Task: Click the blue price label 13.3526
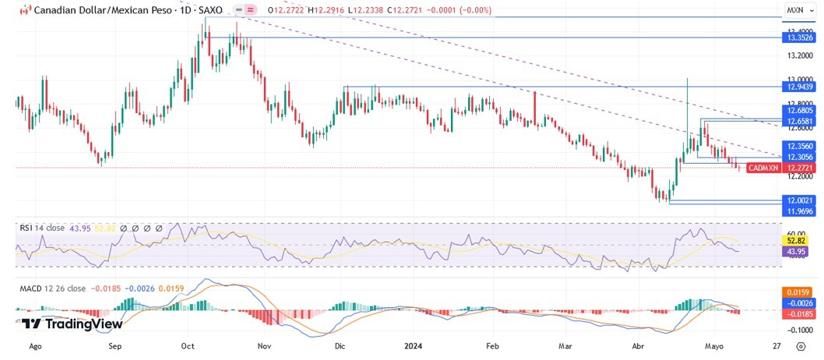[x=800, y=37]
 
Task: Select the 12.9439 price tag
[x=800, y=87]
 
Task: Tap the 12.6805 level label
[x=800, y=111]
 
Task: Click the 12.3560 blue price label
[x=800, y=146]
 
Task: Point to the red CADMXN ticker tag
[x=762, y=168]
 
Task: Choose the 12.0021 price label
[x=800, y=200]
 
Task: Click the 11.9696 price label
[x=800, y=211]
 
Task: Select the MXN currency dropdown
[x=798, y=11]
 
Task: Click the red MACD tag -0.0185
[x=800, y=313]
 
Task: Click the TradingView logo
[x=72, y=323]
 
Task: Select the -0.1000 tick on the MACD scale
[x=799, y=330]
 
